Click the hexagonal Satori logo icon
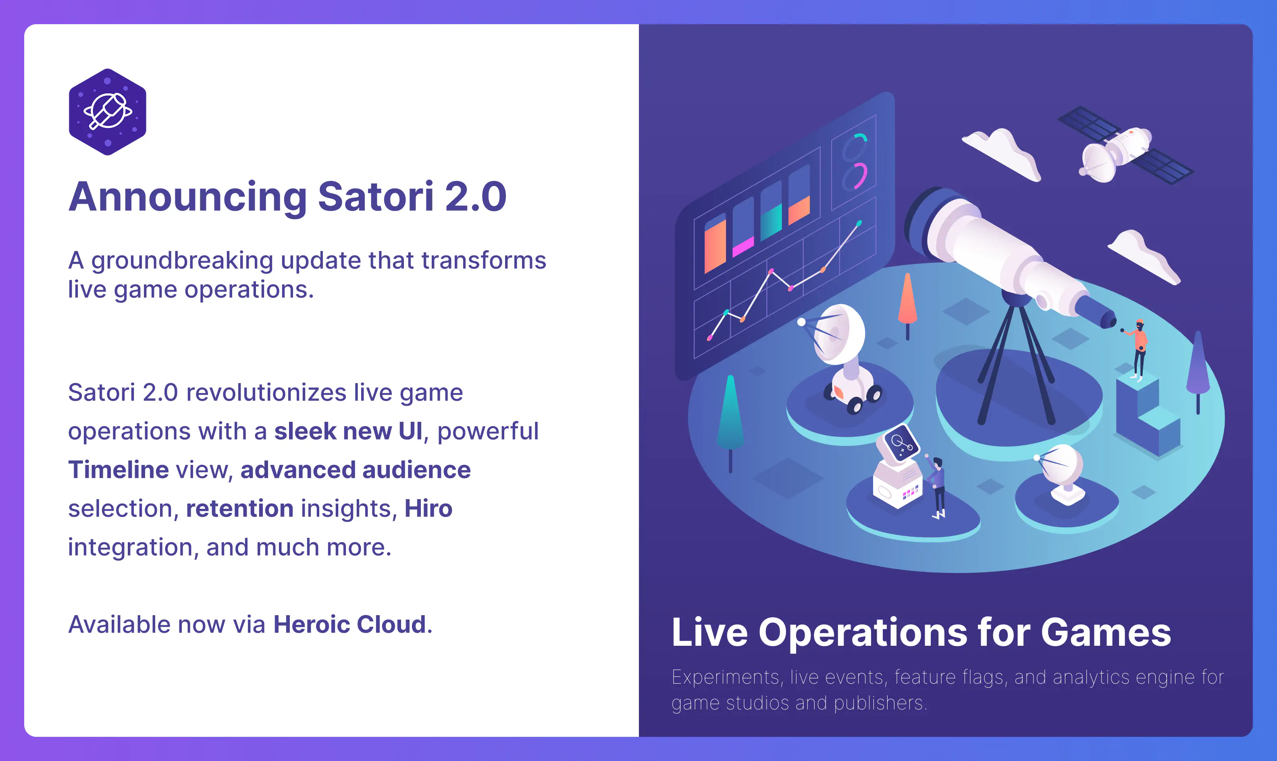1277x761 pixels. pos(108,112)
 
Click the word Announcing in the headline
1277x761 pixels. pos(188,197)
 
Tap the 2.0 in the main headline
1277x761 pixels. pos(476,197)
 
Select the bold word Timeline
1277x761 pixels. pos(119,470)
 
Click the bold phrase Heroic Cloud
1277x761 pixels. pos(350,624)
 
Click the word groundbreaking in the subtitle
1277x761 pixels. pos(182,261)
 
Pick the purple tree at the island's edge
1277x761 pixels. pos(1198,367)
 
